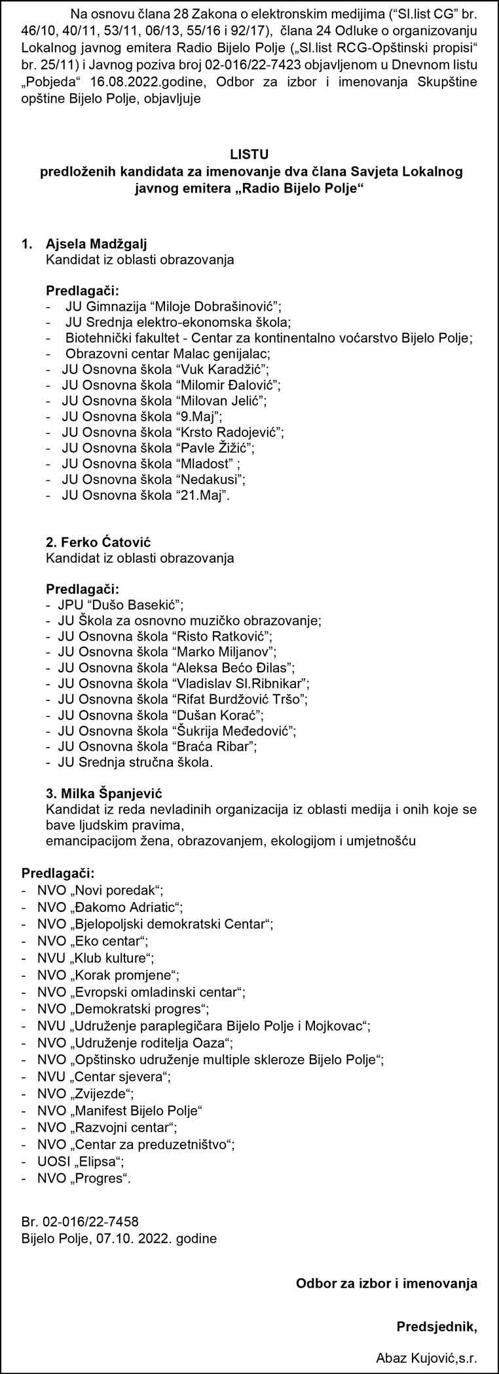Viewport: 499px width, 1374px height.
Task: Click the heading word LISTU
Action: point(249,154)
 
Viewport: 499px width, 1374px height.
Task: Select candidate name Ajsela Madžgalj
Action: point(96,244)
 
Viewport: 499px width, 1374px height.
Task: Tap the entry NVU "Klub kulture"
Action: point(96,957)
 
